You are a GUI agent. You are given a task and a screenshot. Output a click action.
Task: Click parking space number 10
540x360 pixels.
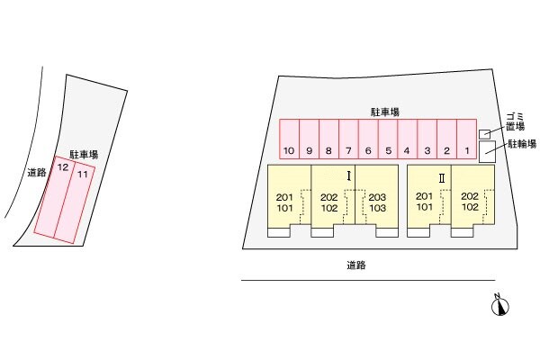289,139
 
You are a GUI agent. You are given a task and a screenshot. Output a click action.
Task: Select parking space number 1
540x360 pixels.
467,139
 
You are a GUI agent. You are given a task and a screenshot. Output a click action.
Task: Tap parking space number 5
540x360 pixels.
388,139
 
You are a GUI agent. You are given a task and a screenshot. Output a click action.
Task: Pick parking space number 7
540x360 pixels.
348,139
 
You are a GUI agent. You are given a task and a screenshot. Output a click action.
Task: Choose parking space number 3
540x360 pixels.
427,139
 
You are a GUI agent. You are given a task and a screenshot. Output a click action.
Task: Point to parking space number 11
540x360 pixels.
75,202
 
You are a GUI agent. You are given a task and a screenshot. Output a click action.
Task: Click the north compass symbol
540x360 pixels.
500,305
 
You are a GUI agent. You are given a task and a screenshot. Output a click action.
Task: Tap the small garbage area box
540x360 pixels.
484,134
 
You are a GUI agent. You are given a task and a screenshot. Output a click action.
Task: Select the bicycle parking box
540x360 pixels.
487,151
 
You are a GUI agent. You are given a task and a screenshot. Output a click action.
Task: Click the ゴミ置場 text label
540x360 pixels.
515,121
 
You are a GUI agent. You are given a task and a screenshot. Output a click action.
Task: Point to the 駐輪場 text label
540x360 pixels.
522,144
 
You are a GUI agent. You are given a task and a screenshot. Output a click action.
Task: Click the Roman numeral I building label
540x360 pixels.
349,176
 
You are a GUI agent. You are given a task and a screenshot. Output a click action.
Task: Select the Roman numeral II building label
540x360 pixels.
442,178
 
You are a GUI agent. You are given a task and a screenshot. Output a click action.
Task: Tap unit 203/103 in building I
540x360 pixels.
377,202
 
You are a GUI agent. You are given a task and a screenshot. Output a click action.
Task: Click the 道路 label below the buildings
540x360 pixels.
356,265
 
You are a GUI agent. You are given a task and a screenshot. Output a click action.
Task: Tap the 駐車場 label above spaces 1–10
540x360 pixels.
385,112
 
